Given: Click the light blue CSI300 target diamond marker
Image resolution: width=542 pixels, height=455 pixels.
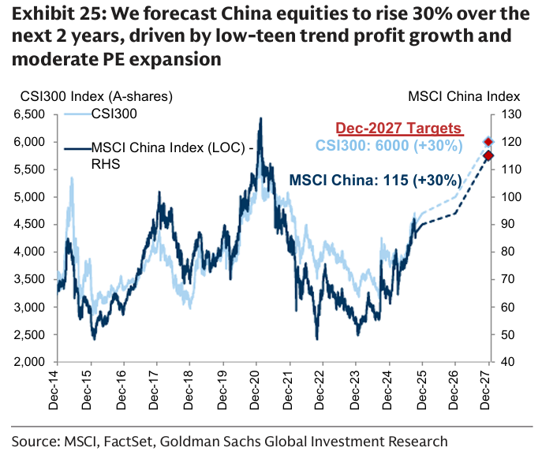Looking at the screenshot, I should (489, 142).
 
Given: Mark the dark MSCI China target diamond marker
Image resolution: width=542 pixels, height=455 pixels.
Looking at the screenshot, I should (489, 155).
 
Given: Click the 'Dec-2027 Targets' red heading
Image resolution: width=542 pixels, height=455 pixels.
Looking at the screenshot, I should (398, 129).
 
